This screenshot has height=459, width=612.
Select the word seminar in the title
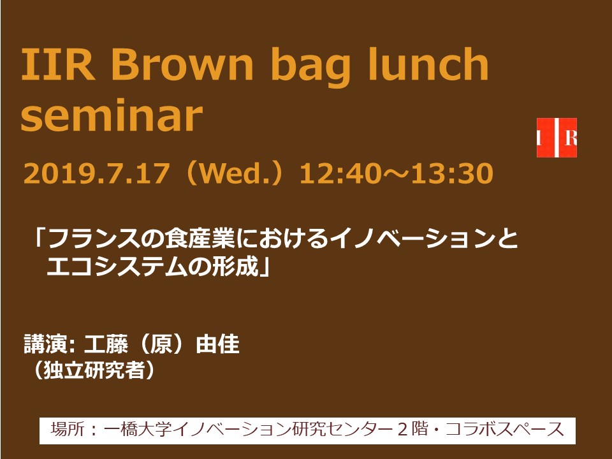[112, 116]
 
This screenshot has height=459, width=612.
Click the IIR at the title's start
[58, 64]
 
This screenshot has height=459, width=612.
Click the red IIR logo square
[557, 138]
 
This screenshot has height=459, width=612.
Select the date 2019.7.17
[97, 173]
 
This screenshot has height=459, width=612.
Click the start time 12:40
[340, 173]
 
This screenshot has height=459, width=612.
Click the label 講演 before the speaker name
[46, 344]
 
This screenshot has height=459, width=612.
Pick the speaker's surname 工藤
[106, 344]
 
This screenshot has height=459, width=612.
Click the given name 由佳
[217, 344]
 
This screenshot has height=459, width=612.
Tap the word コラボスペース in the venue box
[505, 429]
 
